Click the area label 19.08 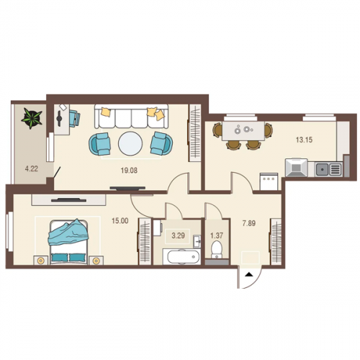pyautogui.click(x=129, y=171)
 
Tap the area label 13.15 pyautogui.click(x=304, y=140)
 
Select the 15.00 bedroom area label pyautogui.click(x=120, y=220)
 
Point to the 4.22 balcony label pyautogui.click(x=32, y=168)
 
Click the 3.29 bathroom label pyautogui.click(x=178, y=235)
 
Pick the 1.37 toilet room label pyautogui.click(x=217, y=235)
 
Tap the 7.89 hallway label pyautogui.click(x=249, y=223)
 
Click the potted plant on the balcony pyautogui.click(x=32, y=118)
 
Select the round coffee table pyautogui.click(x=130, y=144)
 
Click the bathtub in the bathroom pyautogui.click(x=181, y=257)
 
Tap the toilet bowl pyautogui.click(x=217, y=249)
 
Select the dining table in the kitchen pyautogui.click(x=243, y=131)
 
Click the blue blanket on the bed pyautogui.click(x=68, y=233)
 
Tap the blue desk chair pyautogui.click(x=75, y=118)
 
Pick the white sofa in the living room pyautogui.click(x=131, y=117)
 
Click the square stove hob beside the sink pyautogui.click(x=297, y=168)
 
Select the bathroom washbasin pyautogui.click(x=197, y=241)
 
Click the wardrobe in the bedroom pyautogui.click(x=145, y=241)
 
